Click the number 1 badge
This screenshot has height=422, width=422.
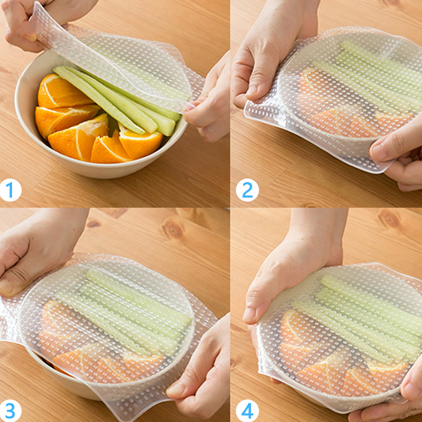[10, 190]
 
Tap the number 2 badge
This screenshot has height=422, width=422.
[247, 190]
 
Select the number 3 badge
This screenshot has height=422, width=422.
[10, 411]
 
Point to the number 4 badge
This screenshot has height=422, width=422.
[247, 411]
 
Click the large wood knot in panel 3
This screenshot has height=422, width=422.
[172, 230]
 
